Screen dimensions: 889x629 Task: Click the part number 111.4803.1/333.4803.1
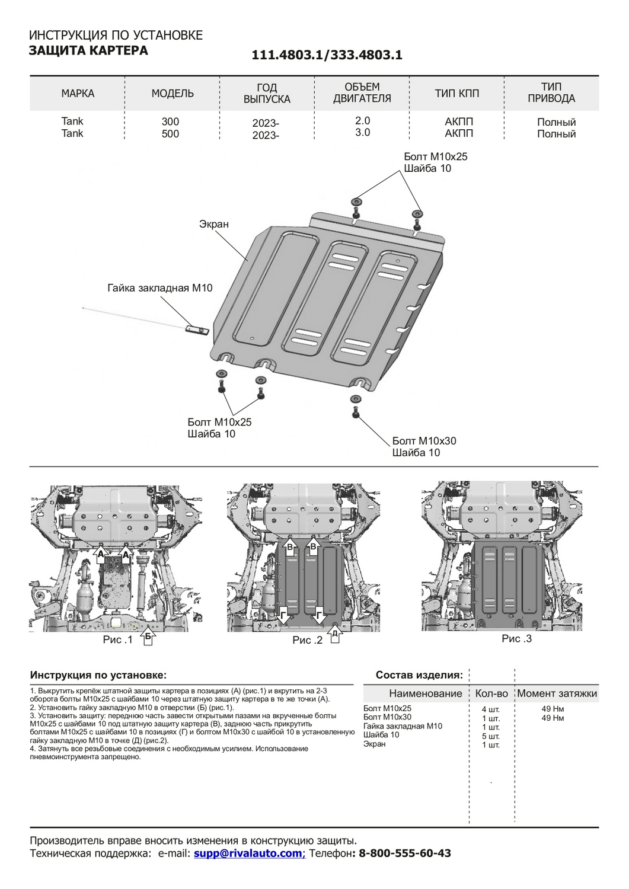327,55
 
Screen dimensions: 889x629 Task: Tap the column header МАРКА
78,94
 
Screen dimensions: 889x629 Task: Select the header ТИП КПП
456,94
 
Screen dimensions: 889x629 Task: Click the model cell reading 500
170,134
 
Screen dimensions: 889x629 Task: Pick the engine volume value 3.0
362,133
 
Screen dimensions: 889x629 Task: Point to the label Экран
214,225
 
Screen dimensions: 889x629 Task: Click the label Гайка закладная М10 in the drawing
159,289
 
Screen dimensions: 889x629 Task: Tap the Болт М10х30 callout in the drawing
424,441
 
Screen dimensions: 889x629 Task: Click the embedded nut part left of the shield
196,329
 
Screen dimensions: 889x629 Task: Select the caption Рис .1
117,639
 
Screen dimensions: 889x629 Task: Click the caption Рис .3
516,638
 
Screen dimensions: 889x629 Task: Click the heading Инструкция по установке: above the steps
98,675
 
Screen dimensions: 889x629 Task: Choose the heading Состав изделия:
419,675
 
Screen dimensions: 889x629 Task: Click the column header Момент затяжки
557,693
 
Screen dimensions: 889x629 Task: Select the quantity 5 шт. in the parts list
491,736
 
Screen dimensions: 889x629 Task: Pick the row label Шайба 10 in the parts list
381,735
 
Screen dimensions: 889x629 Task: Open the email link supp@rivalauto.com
248,853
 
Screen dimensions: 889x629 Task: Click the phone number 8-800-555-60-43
405,853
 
